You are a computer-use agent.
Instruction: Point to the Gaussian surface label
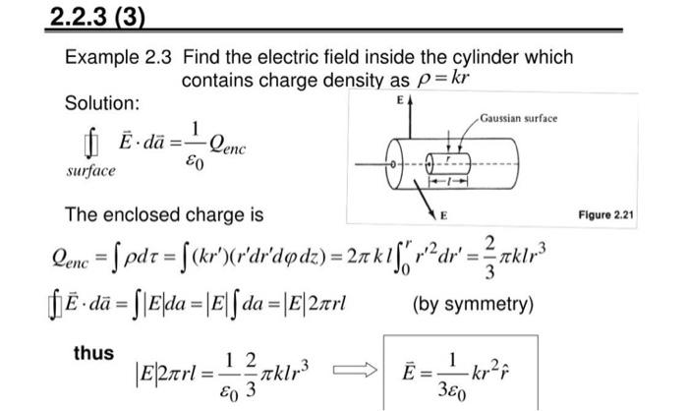(519, 118)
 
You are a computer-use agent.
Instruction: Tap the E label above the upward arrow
(399, 101)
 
